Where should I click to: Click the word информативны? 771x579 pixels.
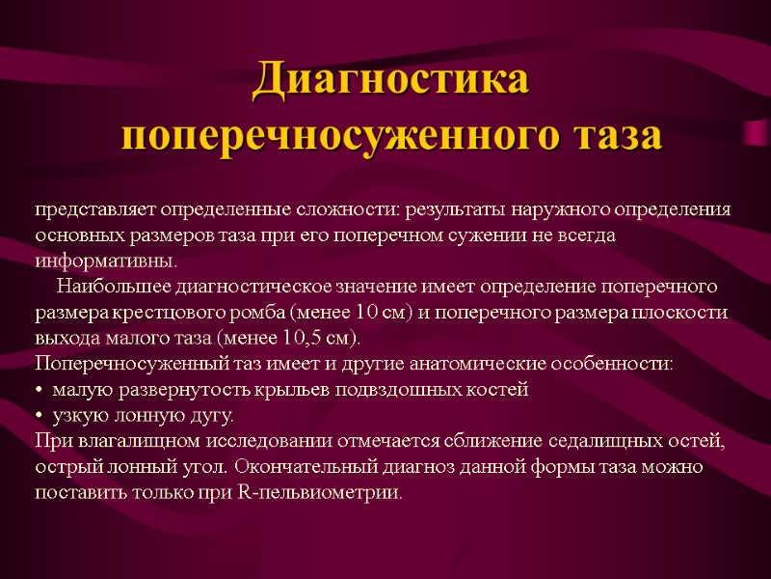pyautogui.click(x=106, y=262)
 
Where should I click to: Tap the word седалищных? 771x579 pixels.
pyautogui.click(x=597, y=442)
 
